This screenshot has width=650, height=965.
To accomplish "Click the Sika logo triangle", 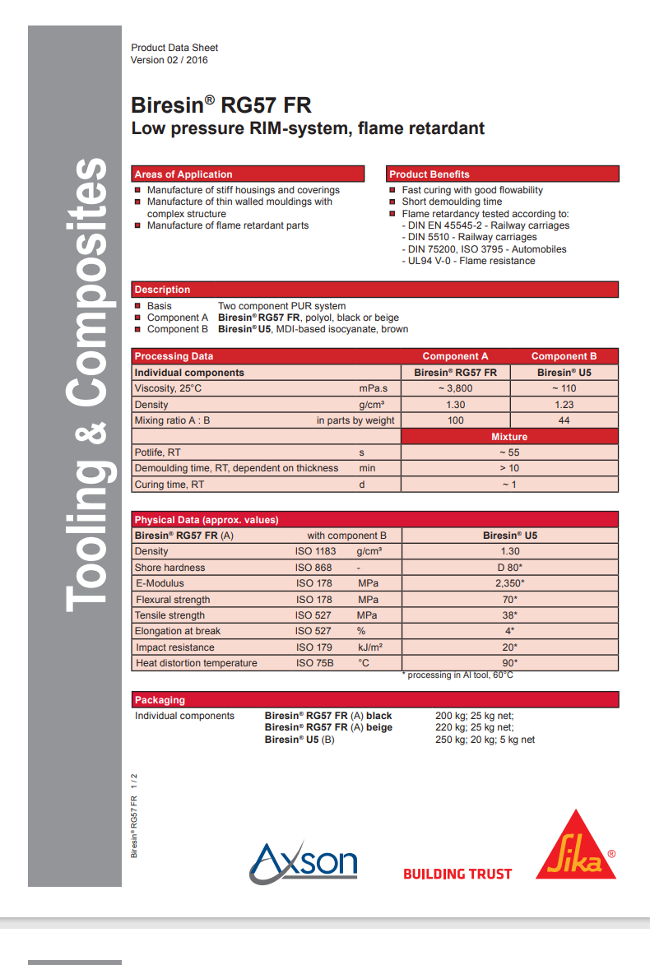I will [576, 847].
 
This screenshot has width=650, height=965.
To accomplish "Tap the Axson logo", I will [304, 861].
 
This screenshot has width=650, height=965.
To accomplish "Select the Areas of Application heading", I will [183, 174].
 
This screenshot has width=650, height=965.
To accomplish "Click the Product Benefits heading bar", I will [502, 174].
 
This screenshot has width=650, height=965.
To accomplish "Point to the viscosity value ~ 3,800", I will [455, 388].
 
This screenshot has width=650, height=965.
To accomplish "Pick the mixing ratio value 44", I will [564, 420].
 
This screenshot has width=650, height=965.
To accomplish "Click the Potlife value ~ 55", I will [509, 452].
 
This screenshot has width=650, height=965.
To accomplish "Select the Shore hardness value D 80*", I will [509, 568].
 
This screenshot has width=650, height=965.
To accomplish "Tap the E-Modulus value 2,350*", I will [509, 583].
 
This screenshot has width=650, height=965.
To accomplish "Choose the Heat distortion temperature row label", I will [197, 663].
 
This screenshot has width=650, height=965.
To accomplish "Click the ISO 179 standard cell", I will [314, 647].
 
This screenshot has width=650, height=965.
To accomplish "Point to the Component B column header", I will [564, 356].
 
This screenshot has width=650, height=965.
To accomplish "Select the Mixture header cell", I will [509, 436].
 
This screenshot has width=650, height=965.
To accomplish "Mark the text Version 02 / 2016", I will [169, 60].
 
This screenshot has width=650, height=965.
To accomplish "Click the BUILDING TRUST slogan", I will [457, 874].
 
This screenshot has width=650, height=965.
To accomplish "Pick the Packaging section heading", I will [160, 700].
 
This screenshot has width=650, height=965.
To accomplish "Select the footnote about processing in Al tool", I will [457, 675].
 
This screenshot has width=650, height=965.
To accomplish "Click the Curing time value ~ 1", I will [509, 485].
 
